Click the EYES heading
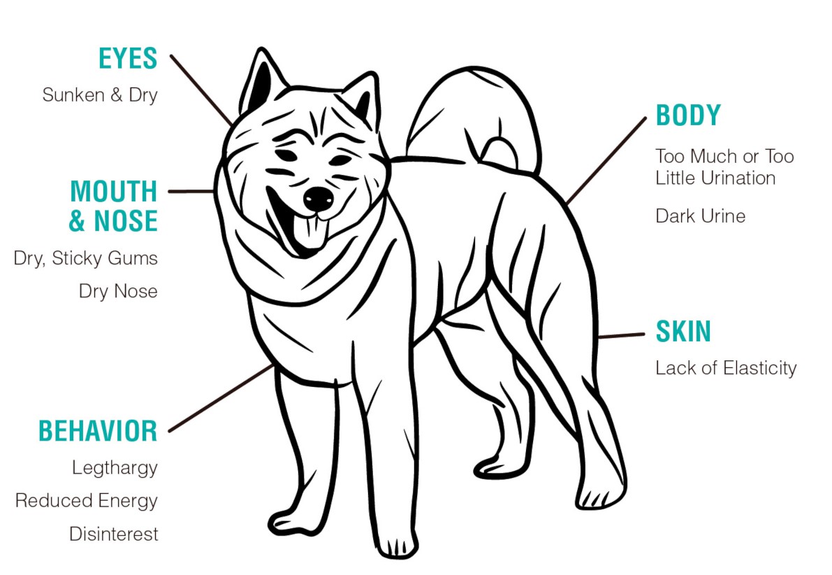(128, 59)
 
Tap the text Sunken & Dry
(100, 95)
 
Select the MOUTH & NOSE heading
(114, 206)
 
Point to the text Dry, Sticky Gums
(85, 258)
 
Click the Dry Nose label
(118, 291)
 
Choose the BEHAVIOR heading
(98, 431)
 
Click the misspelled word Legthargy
(115, 468)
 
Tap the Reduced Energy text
(87, 501)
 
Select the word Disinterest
(114, 534)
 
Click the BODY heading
(688, 115)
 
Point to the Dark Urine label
(701, 216)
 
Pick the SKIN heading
(683, 332)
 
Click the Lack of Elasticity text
(726, 368)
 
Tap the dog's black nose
(319, 198)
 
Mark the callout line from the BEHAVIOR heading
(221, 398)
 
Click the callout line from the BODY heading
(606, 161)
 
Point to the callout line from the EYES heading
(201, 90)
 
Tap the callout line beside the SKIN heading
(621, 336)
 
